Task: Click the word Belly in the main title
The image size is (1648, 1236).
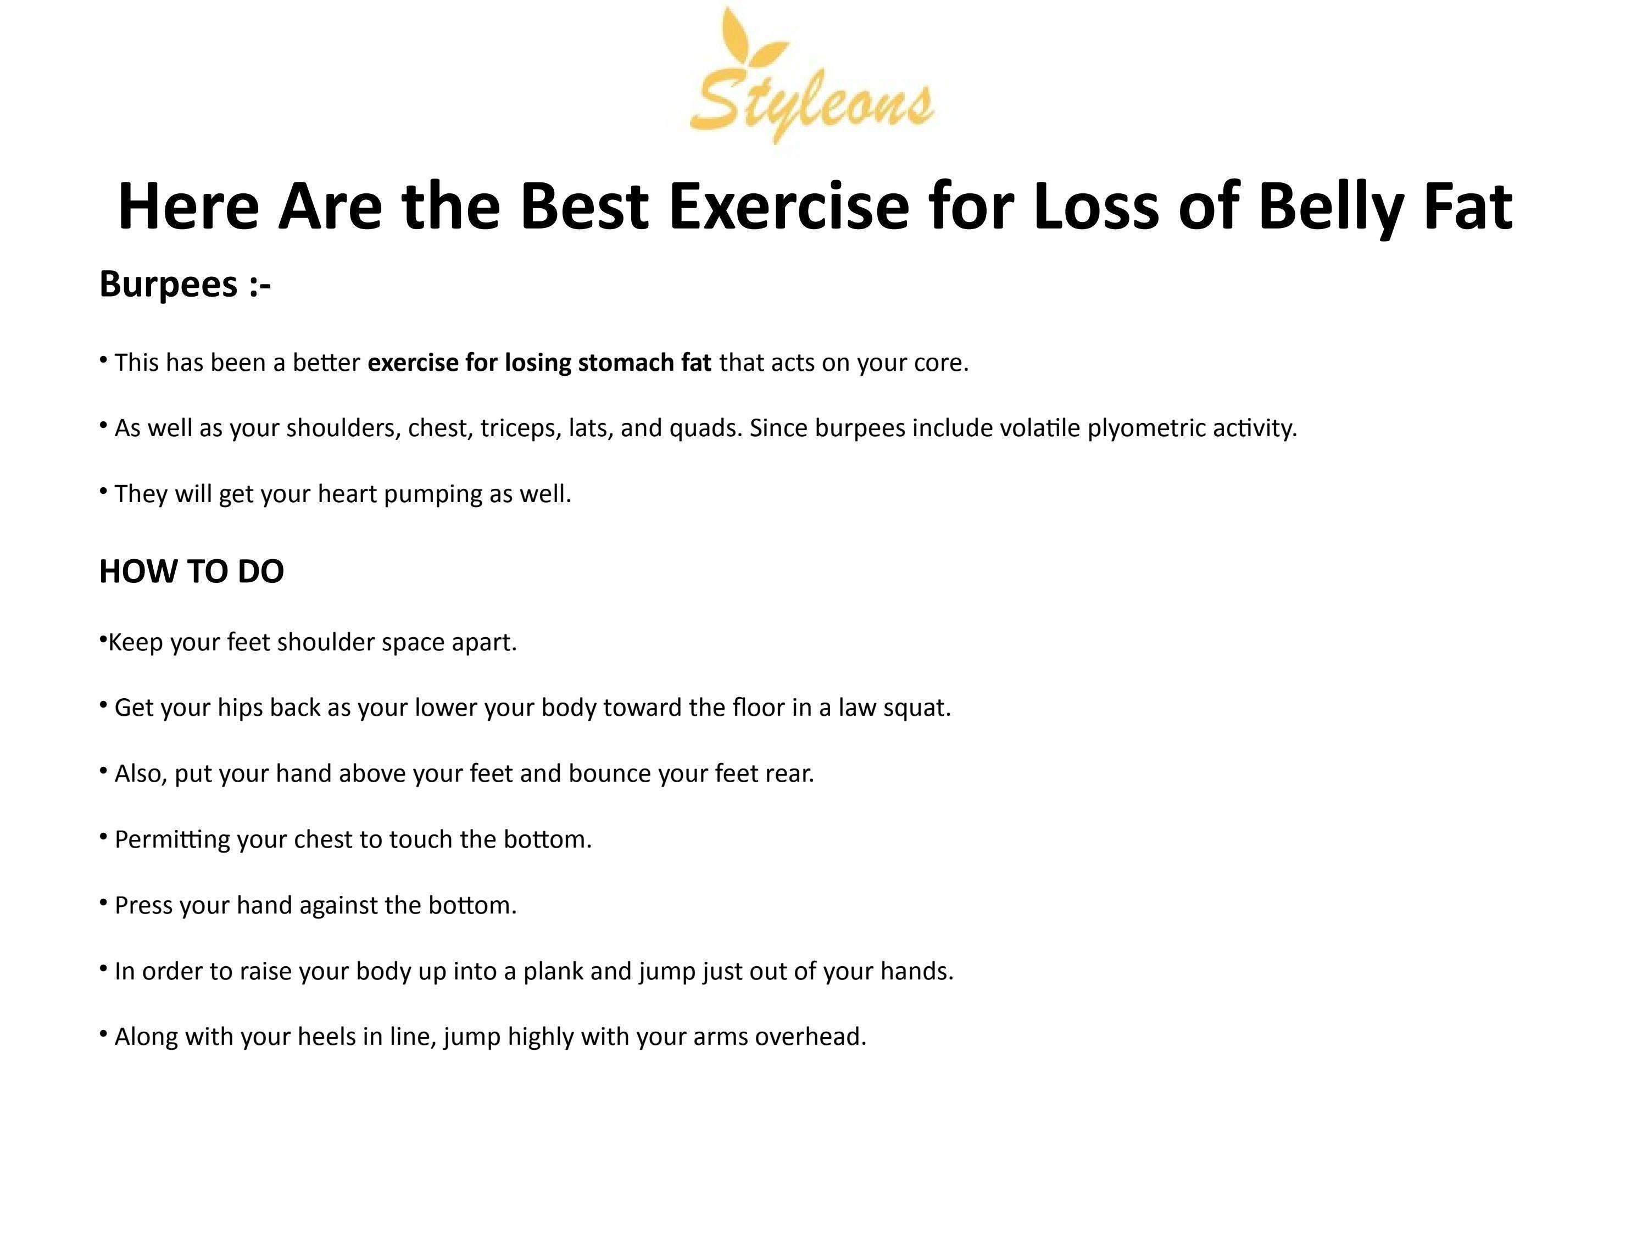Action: [x=1330, y=207]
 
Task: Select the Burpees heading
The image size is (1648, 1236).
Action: [x=185, y=285]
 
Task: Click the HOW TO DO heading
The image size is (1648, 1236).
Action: [x=192, y=571]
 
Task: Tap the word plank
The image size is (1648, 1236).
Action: [x=554, y=972]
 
